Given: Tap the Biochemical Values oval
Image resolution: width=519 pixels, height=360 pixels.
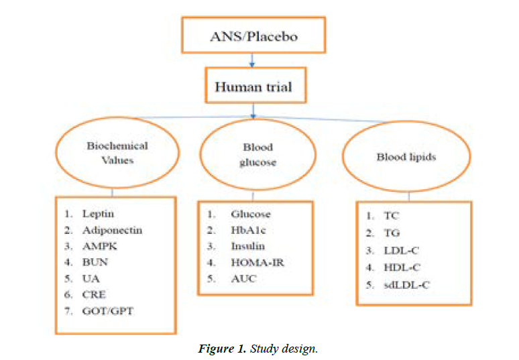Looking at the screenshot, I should coord(117,153).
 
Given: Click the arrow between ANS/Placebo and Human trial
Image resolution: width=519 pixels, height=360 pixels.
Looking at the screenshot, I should coord(250,61).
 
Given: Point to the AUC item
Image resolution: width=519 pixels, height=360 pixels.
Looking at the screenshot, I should coord(243,278).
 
